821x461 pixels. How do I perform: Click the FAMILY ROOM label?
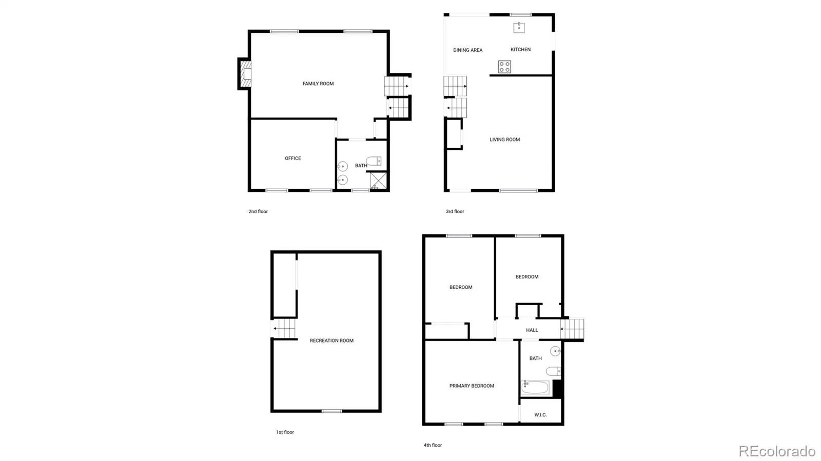point(318,84)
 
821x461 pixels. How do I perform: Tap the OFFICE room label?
point(293,158)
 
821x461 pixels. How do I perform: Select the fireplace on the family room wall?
point(245,74)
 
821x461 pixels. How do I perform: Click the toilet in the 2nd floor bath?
point(374,161)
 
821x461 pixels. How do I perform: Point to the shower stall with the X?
point(378,181)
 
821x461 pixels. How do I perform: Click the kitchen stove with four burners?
point(504,67)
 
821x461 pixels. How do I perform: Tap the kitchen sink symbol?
point(519,28)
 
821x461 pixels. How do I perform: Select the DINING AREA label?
point(467,50)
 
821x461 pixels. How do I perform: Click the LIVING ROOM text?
point(505,139)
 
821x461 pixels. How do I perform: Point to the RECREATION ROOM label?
point(331,340)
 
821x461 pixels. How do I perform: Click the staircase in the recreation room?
point(284,329)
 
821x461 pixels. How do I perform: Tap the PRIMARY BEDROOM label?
point(472,386)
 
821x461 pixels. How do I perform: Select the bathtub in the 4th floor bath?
point(535,387)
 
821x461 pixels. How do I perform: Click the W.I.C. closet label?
point(541,415)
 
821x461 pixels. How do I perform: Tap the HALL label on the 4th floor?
point(532,330)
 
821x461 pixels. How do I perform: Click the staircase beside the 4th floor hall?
point(572,329)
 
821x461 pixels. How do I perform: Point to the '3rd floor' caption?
point(455,212)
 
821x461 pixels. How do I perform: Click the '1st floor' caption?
point(285,432)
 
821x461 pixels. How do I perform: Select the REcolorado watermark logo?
point(777,451)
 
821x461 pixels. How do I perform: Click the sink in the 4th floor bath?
point(556,351)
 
